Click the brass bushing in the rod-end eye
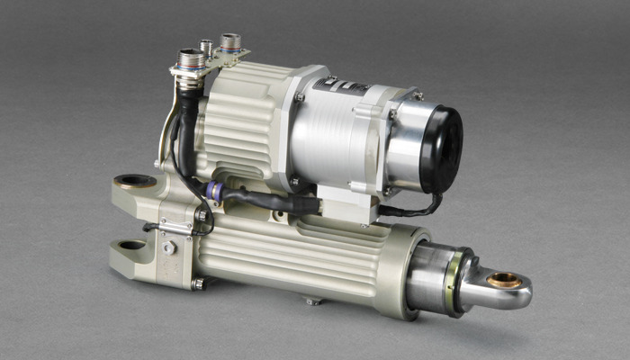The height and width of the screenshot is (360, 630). point(504,280)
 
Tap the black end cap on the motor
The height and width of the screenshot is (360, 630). point(440,148)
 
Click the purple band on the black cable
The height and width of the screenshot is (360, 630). point(213,190)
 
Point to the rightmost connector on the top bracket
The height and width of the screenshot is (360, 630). point(230,42)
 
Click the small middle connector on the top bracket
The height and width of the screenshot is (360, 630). point(207,46)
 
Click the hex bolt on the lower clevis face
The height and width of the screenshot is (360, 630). point(168,247)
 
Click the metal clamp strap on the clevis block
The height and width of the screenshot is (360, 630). point(173,229)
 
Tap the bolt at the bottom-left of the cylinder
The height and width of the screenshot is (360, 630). point(199,283)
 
